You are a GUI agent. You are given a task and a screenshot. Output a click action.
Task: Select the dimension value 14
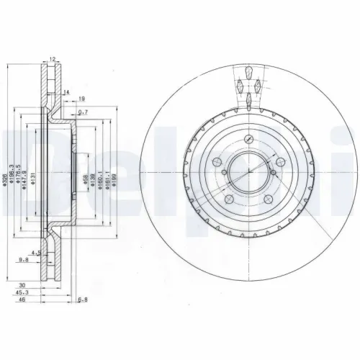(x=66, y=92)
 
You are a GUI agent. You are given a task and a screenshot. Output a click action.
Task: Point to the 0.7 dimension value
(x=84, y=112)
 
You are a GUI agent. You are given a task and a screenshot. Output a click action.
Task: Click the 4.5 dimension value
(x=43, y=253)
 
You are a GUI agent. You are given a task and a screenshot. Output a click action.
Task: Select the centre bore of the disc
(x=248, y=170)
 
